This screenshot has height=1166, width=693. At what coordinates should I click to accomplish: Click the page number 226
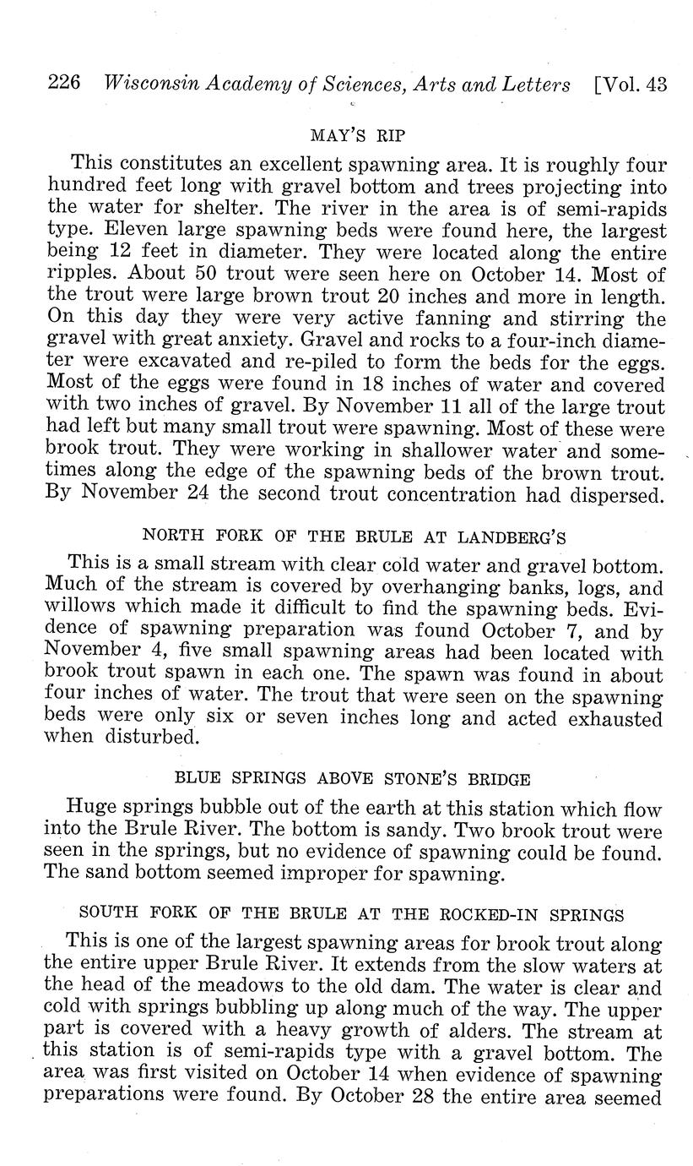(64, 83)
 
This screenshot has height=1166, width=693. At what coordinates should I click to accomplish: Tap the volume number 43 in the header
(653, 84)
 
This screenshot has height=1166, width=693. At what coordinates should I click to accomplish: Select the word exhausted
(619, 719)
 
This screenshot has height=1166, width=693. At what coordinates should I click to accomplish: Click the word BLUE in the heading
(192, 779)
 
